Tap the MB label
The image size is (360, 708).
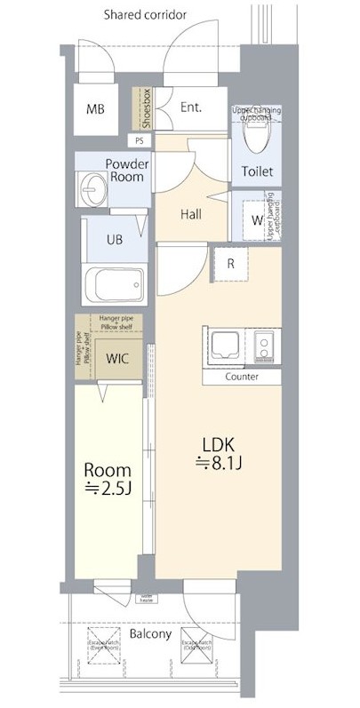pyautogui.click(x=95, y=109)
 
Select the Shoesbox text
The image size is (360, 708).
pyautogui.click(x=140, y=108)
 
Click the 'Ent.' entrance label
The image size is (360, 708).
pyautogui.click(x=190, y=107)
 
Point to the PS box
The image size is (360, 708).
pyautogui.click(x=140, y=139)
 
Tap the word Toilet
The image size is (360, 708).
pyautogui.click(x=257, y=171)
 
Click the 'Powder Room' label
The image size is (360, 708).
pyautogui.click(x=126, y=170)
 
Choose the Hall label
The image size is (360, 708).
pyautogui.click(x=191, y=214)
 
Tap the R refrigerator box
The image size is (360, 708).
pyautogui.click(x=230, y=263)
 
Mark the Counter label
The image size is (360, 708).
pyautogui.click(x=241, y=377)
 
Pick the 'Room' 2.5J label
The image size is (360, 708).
pyautogui.click(x=108, y=478)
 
